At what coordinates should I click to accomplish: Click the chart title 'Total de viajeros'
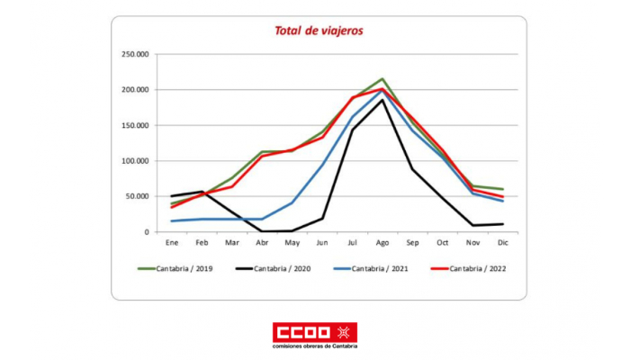(x=319, y=31)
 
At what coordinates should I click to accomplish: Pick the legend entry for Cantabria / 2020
(x=280, y=268)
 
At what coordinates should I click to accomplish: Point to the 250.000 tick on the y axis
(x=134, y=54)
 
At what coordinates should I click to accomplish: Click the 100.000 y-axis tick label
(x=134, y=161)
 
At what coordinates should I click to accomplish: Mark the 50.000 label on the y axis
(x=136, y=196)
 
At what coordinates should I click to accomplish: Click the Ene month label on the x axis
(x=171, y=243)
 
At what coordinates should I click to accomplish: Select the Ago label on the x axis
(x=382, y=243)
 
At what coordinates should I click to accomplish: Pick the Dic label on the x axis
(x=502, y=243)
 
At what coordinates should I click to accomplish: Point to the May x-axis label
(x=292, y=243)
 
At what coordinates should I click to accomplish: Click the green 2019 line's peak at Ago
(x=382, y=79)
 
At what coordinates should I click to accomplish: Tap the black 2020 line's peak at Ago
(x=382, y=100)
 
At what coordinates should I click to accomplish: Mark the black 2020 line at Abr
(x=261, y=231)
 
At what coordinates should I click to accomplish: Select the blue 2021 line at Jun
(x=321, y=165)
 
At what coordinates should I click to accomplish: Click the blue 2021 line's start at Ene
(x=171, y=221)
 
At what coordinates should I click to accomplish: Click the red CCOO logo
(x=314, y=331)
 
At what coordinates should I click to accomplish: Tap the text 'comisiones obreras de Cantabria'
(x=314, y=346)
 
